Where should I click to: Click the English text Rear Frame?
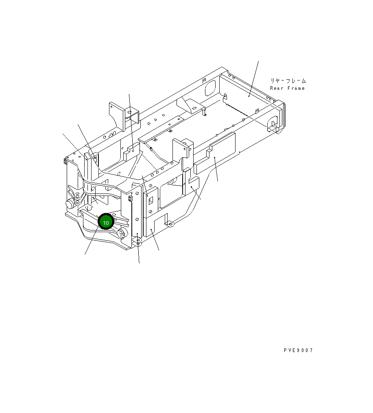pos(287,88)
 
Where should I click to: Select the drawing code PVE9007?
pos(299,350)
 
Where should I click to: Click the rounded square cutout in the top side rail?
pos(210,88)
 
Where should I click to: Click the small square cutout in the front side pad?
pos(150,200)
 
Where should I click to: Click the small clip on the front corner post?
pos(131,198)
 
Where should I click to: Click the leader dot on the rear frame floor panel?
pos(249,96)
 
